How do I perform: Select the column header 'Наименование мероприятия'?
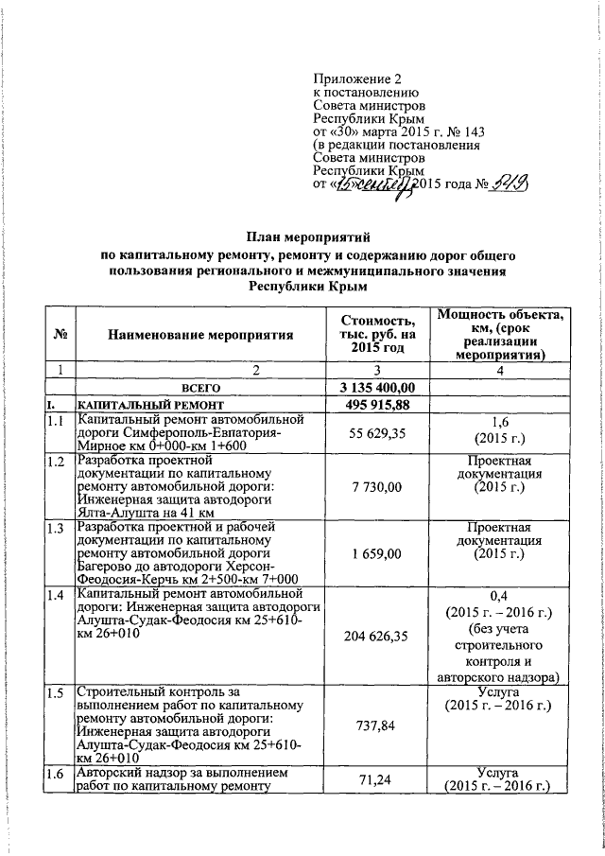(199, 333)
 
